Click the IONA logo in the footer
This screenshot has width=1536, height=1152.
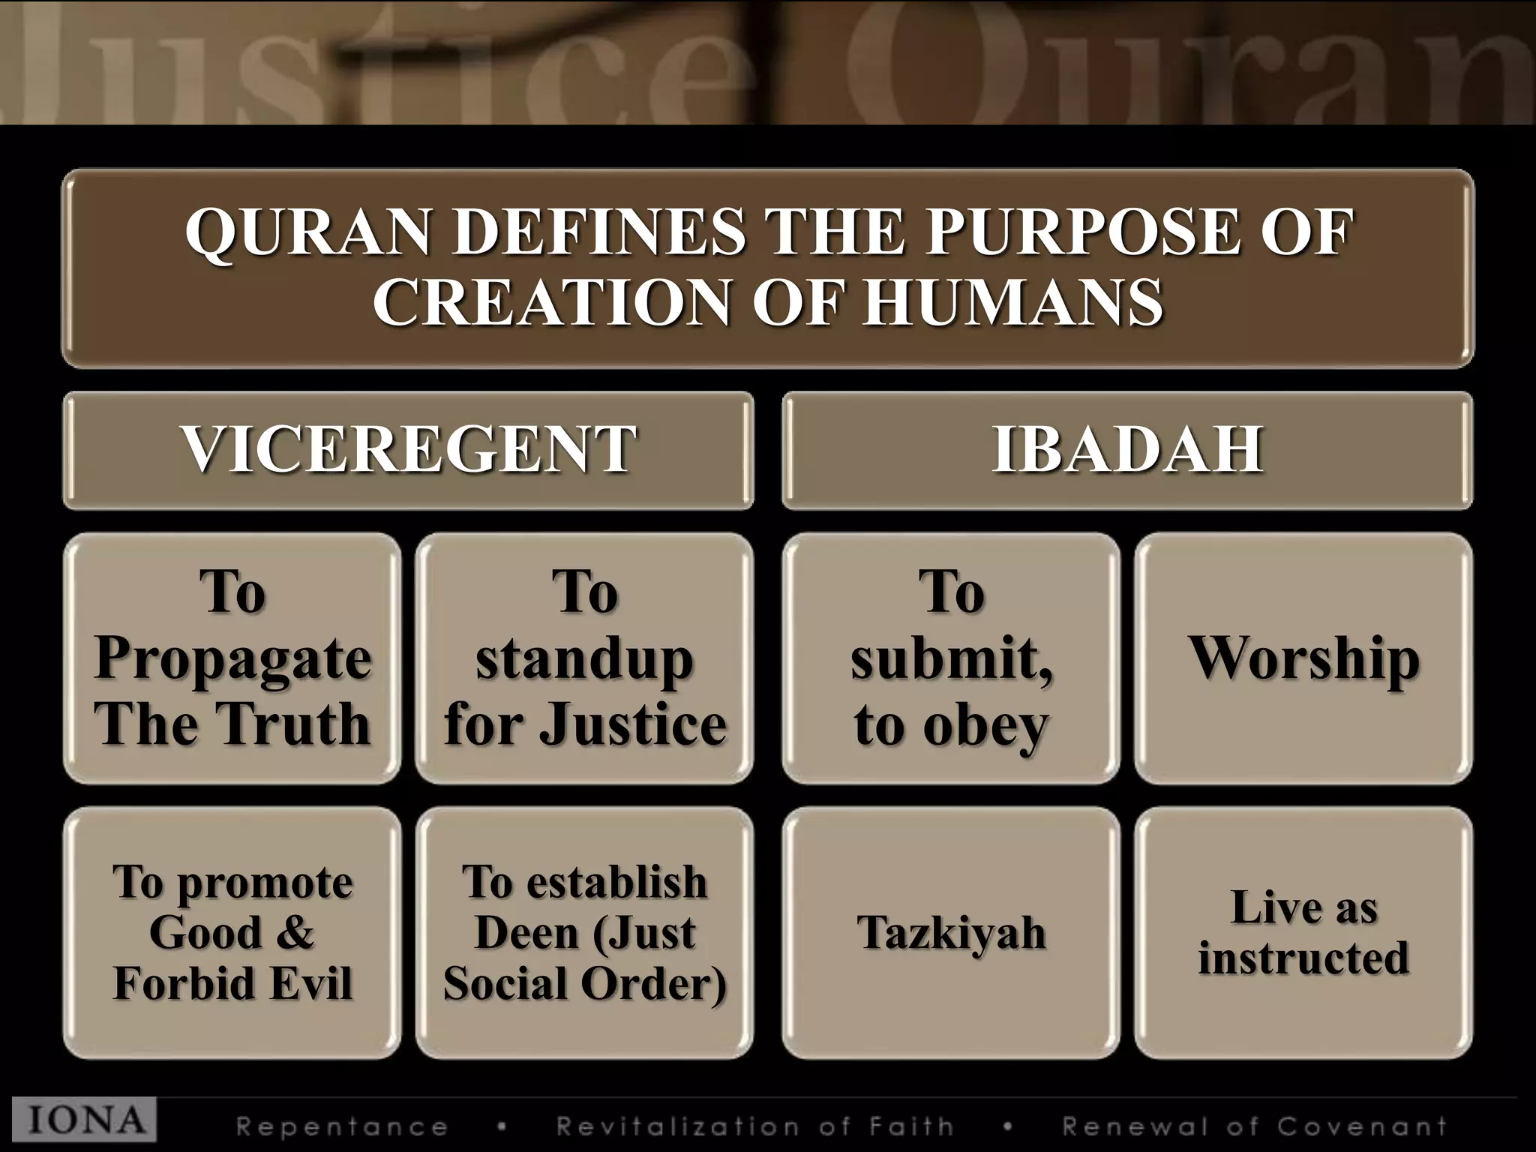tap(85, 1120)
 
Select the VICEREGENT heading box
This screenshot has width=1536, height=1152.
tap(408, 450)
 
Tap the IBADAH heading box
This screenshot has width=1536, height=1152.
tap(1127, 450)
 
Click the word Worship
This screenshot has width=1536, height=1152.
tap(1303, 658)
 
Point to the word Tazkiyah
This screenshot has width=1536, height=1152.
tap(951, 932)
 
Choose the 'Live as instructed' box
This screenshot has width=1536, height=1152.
tap(1303, 932)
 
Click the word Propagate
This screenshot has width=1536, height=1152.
tap(232, 658)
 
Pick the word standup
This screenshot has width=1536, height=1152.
tap(584, 658)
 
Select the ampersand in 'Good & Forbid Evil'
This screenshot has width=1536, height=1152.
tap(295, 932)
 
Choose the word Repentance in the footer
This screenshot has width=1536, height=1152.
tap(342, 1126)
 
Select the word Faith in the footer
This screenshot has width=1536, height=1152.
tap(911, 1126)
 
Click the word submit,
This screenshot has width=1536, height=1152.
tap(951, 658)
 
